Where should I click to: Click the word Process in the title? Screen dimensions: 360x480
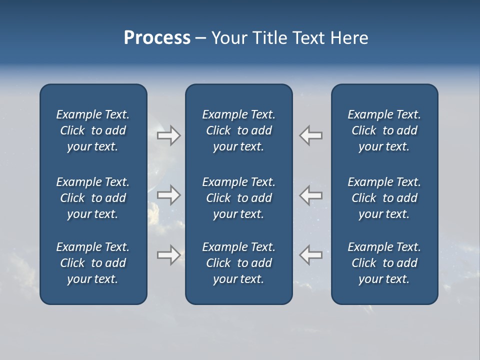tap(157, 38)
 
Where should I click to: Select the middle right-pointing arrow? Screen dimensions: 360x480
tap(169, 195)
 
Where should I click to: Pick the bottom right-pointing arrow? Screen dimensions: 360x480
tap(169, 255)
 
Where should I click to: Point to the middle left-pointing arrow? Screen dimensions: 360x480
tap(311, 195)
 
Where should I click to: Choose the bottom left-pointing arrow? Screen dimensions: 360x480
tap(311, 255)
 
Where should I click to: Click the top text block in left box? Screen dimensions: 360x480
tap(93, 130)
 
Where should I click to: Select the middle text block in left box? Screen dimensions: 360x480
tap(93, 198)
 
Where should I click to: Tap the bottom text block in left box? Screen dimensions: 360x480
tap(93, 263)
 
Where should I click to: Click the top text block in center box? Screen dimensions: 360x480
tap(238, 130)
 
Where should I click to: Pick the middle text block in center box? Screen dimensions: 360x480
tap(238, 198)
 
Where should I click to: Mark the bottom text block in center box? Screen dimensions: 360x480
tap(238, 263)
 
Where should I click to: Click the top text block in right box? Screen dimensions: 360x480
tap(384, 130)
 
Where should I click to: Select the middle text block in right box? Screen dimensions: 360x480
tap(384, 198)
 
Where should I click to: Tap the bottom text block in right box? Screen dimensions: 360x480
tap(384, 263)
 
